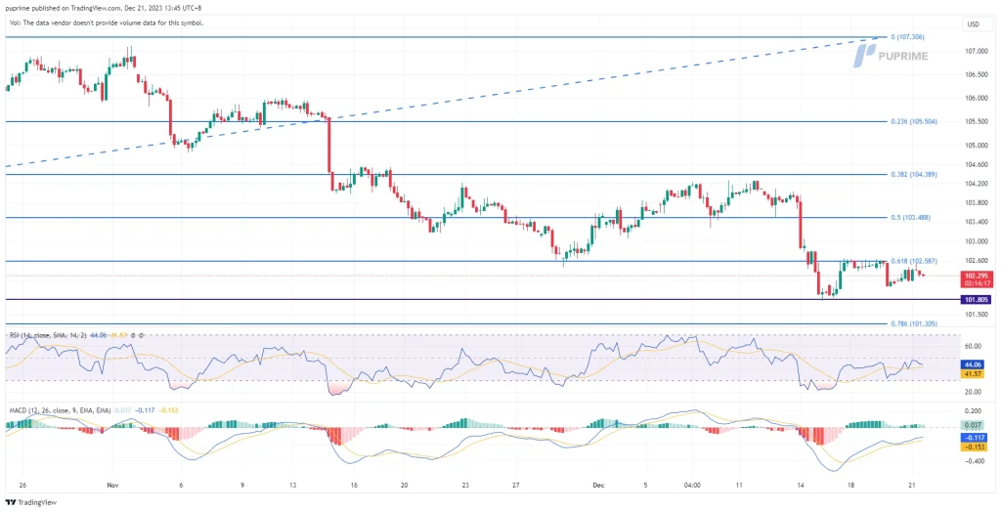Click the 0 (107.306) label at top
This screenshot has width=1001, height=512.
909,37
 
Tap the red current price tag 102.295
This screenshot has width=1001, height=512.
976,276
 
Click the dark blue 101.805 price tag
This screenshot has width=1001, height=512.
976,299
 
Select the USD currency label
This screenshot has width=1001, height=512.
974,23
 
